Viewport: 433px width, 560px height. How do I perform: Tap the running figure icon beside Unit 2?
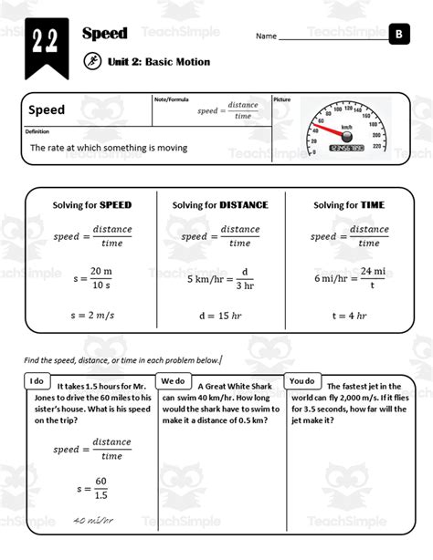pyautogui.click(x=91, y=62)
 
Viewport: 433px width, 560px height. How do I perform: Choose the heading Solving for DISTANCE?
pyautogui.click(x=220, y=205)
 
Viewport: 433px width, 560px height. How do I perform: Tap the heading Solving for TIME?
pyautogui.click(x=348, y=205)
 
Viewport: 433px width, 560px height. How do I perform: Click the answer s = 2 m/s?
pyautogui.click(x=91, y=315)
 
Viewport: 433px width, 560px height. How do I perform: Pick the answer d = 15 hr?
pyautogui.click(x=220, y=315)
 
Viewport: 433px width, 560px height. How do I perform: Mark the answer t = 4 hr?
pyautogui.click(x=348, y=315)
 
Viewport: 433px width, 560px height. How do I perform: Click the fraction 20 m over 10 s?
pyautogui.click(x=100, y=276)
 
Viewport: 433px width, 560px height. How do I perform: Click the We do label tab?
pyautogui.click(x=174, y=380)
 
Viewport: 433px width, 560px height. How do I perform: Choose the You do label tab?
pyautogui.click(x=302, y=380)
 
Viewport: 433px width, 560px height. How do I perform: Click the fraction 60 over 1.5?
pyautogui.click(x=100, y=488)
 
